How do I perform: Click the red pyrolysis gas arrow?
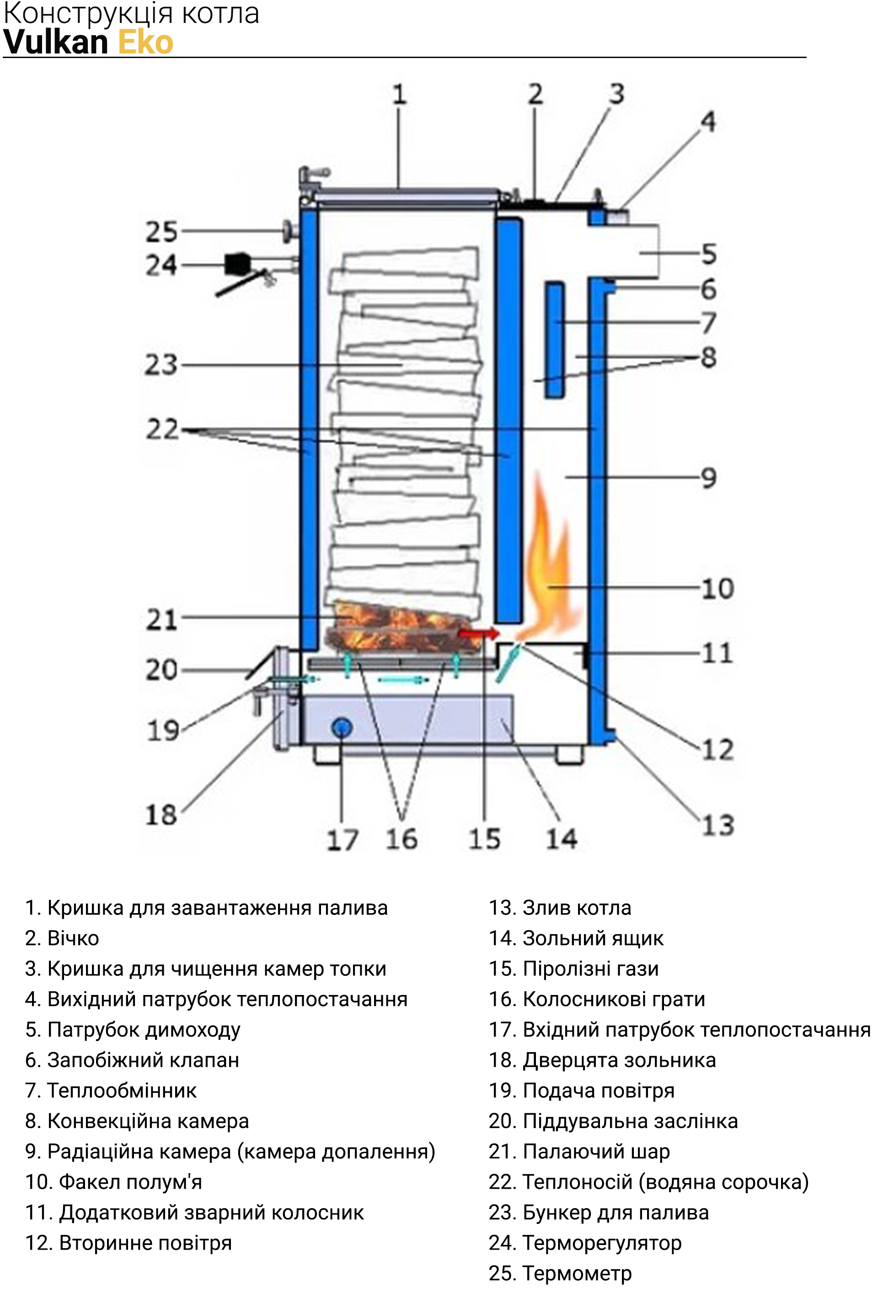478,633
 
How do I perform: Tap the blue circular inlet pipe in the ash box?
342,727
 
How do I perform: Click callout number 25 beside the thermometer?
161,232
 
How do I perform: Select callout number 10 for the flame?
717,589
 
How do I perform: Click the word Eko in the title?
145,43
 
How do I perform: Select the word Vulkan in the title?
56,43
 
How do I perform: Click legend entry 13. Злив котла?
560,908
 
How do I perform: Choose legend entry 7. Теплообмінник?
111,1090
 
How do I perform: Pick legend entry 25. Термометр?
560,1273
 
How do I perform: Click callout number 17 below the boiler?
342,840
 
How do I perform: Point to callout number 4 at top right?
708,122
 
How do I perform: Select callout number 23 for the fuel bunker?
161,365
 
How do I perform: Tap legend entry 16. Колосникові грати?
597,999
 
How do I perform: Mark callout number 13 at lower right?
717,825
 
